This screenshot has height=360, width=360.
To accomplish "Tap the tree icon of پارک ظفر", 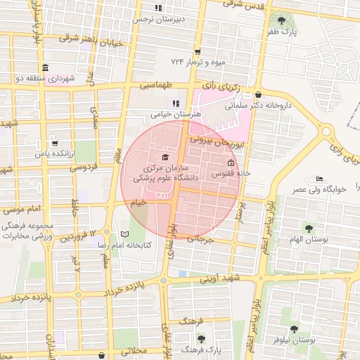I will (x=282, y=20).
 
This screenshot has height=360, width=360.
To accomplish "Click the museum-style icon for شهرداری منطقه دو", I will (x=45, y=67).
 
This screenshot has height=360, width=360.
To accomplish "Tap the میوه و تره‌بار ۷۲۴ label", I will (x=192, y=62).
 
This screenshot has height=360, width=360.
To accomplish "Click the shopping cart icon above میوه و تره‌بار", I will (x=198, y=51).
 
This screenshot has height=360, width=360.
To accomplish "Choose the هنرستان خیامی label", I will (x=176, y=113).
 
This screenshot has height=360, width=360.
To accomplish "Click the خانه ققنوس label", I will (x=229, y=173).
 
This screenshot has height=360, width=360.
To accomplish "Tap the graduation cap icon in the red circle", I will (x=165, y=157).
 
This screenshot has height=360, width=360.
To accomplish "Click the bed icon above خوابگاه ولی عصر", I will (x=320, y=179).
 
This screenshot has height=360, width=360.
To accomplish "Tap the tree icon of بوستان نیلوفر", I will (x=294, y=328).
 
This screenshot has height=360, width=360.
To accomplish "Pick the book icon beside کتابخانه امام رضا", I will (x=124, y=234).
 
